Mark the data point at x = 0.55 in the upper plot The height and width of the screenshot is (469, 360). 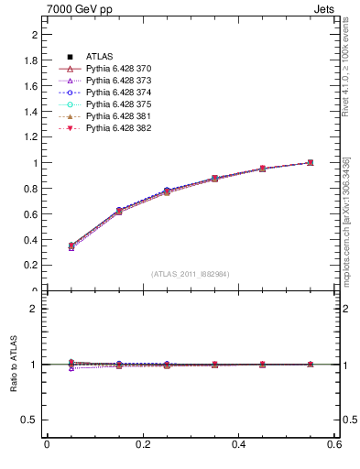point(311,163)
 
